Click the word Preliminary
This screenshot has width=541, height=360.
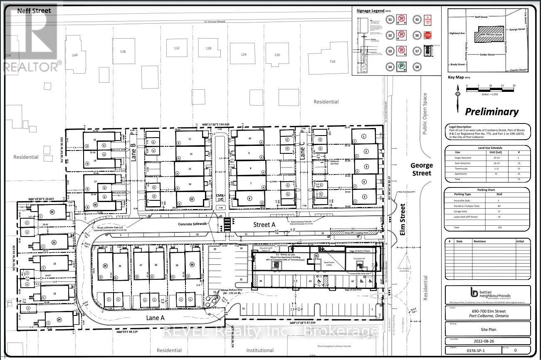coord(492,112)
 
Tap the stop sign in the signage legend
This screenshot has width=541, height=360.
coord(427,35)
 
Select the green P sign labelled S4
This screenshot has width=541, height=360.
coord(402,66)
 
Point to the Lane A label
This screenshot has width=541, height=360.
coord(156,317)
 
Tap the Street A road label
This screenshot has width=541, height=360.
coord(264,224)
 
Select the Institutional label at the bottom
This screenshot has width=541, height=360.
coord(260,350)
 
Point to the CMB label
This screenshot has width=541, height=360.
coord(219,195)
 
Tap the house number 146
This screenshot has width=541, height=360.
coord(75,55)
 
